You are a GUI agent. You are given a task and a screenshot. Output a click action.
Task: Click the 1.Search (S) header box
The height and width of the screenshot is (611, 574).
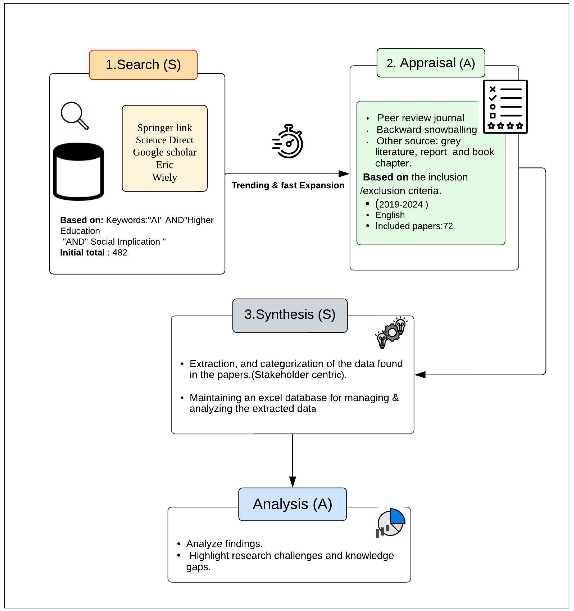(x=143, y=65)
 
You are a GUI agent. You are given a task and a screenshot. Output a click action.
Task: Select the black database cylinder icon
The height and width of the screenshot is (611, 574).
(x=78, y=171)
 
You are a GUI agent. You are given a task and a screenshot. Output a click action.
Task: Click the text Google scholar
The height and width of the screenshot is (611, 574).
(x=164, y=152)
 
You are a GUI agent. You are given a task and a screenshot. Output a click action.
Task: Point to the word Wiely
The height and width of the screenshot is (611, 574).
(x=164, y=177)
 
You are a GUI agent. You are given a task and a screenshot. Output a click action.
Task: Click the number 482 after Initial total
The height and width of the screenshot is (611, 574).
(x=120, y=253)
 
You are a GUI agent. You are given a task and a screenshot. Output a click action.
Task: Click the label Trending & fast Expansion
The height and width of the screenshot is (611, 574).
(x=288, y=185)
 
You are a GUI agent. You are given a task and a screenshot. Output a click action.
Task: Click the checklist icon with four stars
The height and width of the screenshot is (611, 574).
(x=505, y=106)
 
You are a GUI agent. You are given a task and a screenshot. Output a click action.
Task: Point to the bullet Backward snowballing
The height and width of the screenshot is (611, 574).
(x=427, y=130)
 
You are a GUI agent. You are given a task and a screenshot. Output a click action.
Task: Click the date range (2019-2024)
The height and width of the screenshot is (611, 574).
(x=402, y=204)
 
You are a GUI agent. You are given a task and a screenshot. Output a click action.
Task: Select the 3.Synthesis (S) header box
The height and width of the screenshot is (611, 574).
(x=290, y=315)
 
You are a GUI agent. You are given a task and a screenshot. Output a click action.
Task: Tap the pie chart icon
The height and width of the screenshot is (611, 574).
(x=391, y=523)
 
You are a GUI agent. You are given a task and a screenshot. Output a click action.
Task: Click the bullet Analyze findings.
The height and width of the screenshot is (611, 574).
(x=224, y=544)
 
